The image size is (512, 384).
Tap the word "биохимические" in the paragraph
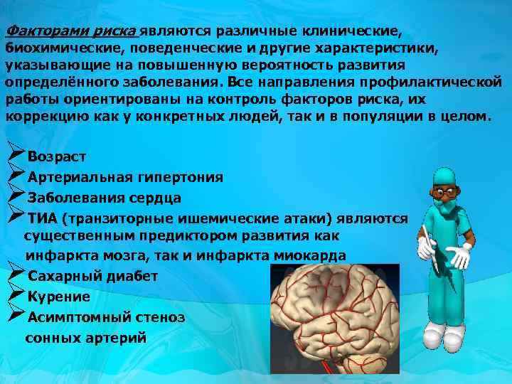pos(50,48)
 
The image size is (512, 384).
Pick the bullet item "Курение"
pos(59,297)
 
